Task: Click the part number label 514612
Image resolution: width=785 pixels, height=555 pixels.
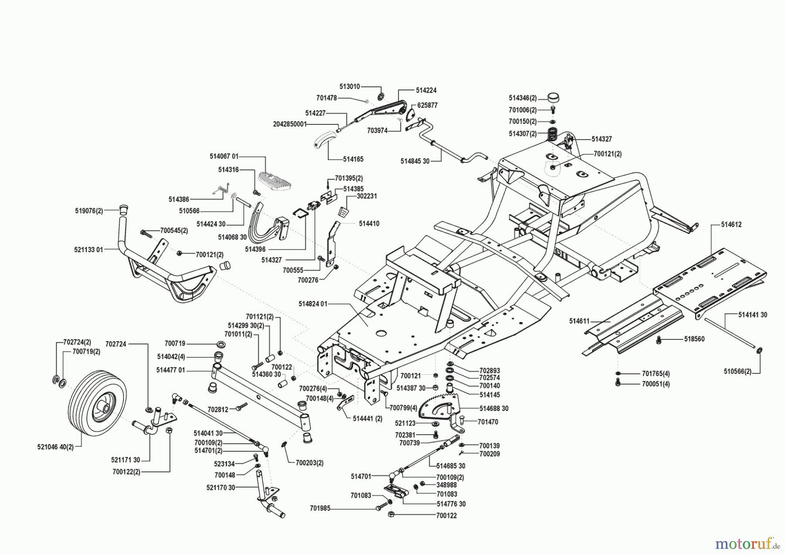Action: [731, 225]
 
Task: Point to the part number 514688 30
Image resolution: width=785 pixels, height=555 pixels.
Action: [494, 408]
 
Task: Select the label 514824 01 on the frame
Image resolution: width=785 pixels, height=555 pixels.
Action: [313, 304]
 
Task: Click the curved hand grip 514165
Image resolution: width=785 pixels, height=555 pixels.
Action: [325, 142]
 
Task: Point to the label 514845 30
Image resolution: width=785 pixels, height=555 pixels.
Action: [415, 161]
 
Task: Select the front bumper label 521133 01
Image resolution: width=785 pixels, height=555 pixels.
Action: [89, 250]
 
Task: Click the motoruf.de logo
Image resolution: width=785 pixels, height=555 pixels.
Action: [746, 543]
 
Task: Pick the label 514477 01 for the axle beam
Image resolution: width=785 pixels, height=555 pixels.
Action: [171, 370]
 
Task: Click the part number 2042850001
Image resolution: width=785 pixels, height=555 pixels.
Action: [290, 124]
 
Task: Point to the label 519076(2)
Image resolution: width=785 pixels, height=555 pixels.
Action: [89, 211]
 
